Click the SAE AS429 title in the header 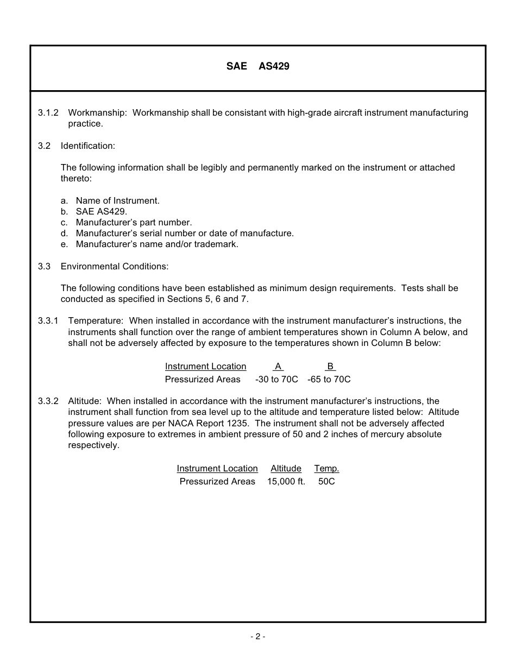(257, 66)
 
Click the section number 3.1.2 (48, 113)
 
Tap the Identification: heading (88, 146)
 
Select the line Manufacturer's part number (134, 223)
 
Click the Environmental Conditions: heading (115, 267)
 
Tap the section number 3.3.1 (48, 321)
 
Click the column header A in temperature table (278, 367)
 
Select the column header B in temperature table (330, 367)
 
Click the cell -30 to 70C (276, 380)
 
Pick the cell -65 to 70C (329, 380)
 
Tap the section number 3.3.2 (48, 401)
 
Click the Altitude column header (286, 469)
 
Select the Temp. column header (326, 469)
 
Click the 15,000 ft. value (286, 482)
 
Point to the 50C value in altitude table (326, 482)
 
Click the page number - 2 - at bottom (257, 637)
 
